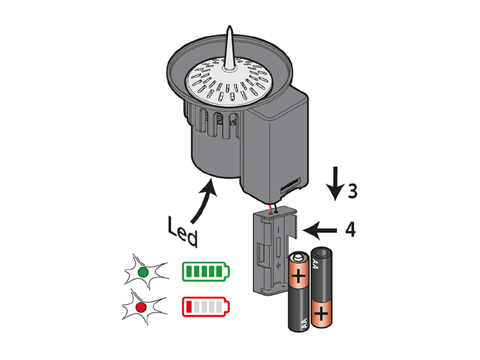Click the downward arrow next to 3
click(x=335, y=184)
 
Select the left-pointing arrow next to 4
click(x=319, y=229)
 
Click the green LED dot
click(x=143, y=272)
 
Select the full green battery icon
click(x=205, y=272)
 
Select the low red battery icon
click(x=205, y=307)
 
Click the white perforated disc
click(x=228, y=84)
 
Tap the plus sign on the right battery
click(x=321, y=312)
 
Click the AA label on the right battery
click(x=316, y=262)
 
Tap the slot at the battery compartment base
click(x=289, y=182)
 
